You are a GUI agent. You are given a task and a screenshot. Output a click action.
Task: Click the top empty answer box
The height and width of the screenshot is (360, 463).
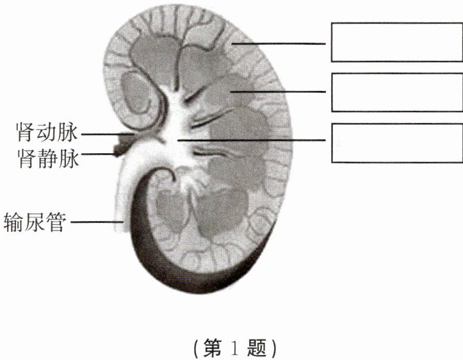tap(395, 42)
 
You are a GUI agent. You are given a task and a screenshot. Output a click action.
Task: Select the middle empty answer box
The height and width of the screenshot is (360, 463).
tap(395, 92)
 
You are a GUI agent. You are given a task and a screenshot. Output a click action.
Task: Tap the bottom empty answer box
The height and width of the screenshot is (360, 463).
tap(395, 142)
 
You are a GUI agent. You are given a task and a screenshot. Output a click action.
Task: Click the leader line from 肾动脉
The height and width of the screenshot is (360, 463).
tap(102, 135)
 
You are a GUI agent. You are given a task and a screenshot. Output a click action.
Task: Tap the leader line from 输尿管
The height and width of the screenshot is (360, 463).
tap(96, 222)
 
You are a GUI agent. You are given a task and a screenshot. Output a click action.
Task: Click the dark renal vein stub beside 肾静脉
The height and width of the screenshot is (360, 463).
tap(119, 151)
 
